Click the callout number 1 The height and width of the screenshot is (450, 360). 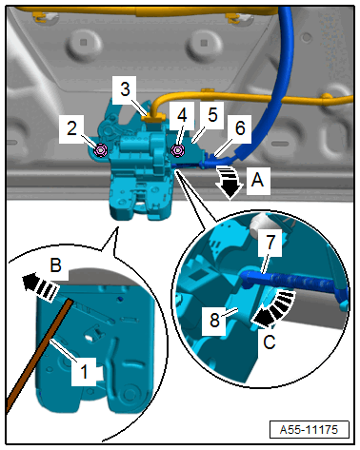[x=84, y=371]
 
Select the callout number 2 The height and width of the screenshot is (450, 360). [x=71, y=128]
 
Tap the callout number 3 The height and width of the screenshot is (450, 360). [x=125, y=89]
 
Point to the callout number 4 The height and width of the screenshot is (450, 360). [x=182, y=115]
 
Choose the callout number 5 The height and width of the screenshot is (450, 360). [x=212, y=115]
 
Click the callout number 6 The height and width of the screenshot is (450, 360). [x=240, y=128]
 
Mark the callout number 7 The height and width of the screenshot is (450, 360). [x=270, y=243]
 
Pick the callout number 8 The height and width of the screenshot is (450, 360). [x=214, y=320]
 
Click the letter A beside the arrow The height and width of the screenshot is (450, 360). [x=257, y=180]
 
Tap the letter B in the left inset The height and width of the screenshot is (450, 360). [x=56, y=265]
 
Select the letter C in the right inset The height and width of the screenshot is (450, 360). [x=270, y=342]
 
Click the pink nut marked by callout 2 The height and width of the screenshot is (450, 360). [x=101, y=150]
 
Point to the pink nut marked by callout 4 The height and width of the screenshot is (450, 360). [x=177, y=150]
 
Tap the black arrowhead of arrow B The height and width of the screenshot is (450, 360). [x=30, y=281]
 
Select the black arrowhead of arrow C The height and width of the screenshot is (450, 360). [x=263, y=318]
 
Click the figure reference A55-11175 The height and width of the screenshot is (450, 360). [x=309, y=430]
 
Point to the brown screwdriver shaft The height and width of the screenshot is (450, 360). [x=40, y=355]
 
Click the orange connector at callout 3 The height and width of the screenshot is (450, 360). [x=152, y=119]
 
